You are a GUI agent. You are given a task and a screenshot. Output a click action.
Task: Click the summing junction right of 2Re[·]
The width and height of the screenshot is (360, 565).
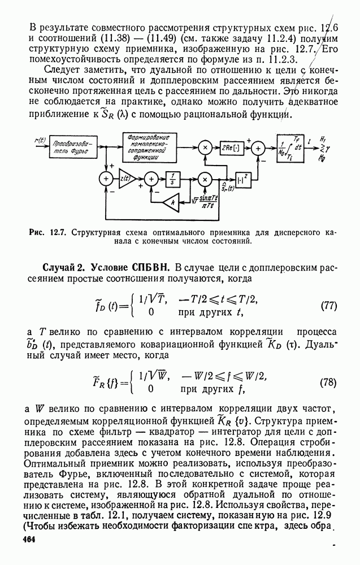(x=258, y=149)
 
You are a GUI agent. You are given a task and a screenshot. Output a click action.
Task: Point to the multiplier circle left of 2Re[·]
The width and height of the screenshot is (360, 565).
(x=206, y=149)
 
